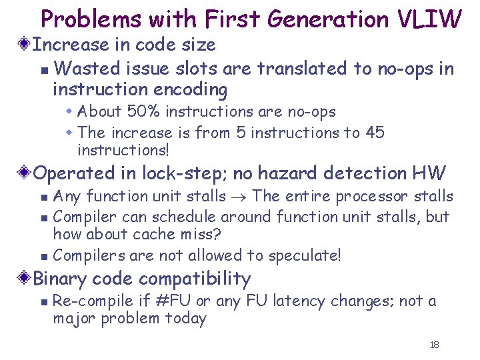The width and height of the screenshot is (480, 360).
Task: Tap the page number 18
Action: point(435,345)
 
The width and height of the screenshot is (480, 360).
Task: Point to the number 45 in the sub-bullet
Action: point(375,132)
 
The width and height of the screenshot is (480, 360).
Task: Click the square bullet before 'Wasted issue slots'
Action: point(43,69)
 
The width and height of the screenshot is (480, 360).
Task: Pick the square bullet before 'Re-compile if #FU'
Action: point(43,302)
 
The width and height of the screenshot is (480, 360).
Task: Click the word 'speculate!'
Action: point(304,256)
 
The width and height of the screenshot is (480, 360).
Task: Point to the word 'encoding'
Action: point(193,89)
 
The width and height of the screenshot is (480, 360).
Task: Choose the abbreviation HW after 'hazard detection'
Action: point(428,173)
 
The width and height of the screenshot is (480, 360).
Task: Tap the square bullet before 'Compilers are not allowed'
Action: point(43,257)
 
